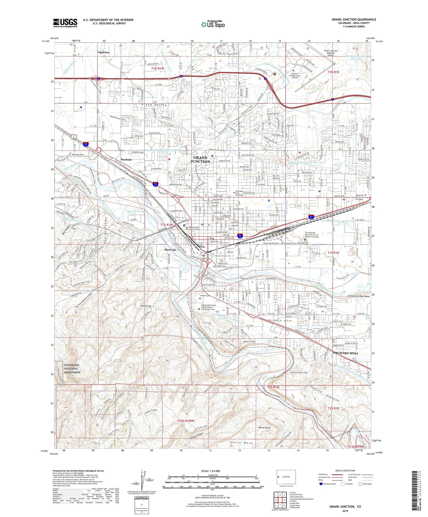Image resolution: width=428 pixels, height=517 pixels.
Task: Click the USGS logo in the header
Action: pyautogui.click(x=65, y=23)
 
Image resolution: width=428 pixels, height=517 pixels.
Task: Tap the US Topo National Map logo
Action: pyautogui.click(x=213, y=25)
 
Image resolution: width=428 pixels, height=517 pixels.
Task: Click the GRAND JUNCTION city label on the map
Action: pyautogui.click(x=200, y=159)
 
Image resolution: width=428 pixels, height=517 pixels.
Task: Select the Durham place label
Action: pyautogui.click(x=126, y=160)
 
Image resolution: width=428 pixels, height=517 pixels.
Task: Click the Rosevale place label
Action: pyautogui.click(x=171, y=250)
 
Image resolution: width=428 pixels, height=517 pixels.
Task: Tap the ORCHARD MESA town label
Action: pyautogui.click(x=345, y=353)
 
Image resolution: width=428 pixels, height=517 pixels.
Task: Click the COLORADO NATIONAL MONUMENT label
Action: pyautogui.click(x=72, y=369)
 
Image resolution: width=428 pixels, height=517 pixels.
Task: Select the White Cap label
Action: pyautogui.click(x=146, y=306)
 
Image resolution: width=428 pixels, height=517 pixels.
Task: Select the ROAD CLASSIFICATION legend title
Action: pyautogui.click(x=345, y=471)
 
